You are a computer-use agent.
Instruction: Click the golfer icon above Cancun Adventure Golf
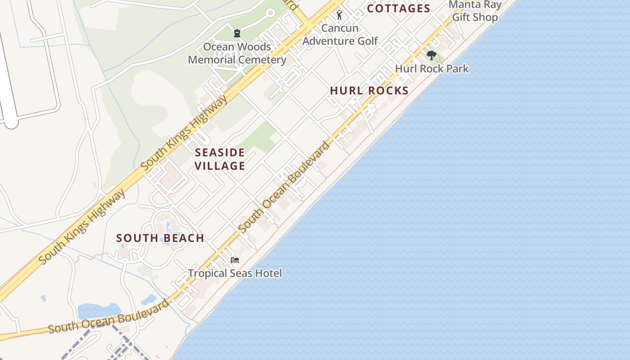(x=339, y=15)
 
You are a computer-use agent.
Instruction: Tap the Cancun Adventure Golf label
(x=340, y=35)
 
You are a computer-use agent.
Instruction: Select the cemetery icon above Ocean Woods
(x=237, y=33)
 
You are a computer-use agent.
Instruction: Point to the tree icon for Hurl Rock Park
(x=432, y=56)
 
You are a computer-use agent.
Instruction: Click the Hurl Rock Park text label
(x=432, y=69)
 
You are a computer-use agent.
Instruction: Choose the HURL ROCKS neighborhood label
(x=369, y=90)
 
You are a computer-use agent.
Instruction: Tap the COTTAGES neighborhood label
(x=399, y=9)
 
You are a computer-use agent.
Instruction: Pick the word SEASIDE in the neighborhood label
(x=220, y=153)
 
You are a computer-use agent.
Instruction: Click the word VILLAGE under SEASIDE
(x=220, y=166)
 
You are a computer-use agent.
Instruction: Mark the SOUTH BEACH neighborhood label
(x=160, y=238)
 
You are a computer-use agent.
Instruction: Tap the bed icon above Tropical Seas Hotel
(x=234, y=260)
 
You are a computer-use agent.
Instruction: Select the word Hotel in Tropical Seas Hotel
(x=269, y=273)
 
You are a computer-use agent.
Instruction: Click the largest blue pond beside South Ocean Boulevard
(x=99, y=311)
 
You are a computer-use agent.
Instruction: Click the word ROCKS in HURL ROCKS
(x=387, y=90)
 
